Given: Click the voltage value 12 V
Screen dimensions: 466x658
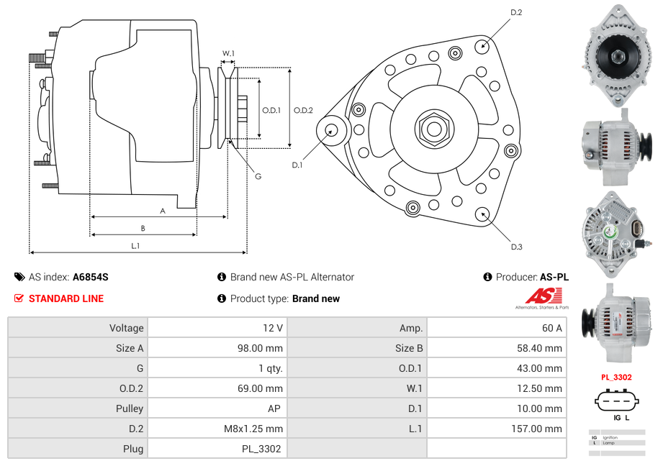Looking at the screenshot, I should pos(272,328).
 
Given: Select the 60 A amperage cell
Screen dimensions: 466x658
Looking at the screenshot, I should pos(551,328).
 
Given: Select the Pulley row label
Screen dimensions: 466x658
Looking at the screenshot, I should pos(129,408).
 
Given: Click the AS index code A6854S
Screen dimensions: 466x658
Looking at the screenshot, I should pos(91,277).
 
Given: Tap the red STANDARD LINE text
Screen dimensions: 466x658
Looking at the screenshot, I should pos(66,298).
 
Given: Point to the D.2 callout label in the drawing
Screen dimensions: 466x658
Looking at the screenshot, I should pos(516,13).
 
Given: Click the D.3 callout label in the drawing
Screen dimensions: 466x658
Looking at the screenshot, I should pos(516,247).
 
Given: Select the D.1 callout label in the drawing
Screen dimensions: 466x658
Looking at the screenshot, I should pos(297,165).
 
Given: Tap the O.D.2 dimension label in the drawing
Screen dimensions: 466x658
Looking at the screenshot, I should pos(303,110).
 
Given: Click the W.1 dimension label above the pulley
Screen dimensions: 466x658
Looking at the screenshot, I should pos(228,53).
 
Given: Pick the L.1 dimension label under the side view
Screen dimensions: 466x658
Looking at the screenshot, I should pos(135,246).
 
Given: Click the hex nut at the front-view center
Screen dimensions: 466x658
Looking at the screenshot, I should pos(433,129).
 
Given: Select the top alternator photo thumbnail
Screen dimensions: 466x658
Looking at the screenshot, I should pos(618,55).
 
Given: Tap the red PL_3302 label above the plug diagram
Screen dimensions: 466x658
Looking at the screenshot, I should pos(616,377).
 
